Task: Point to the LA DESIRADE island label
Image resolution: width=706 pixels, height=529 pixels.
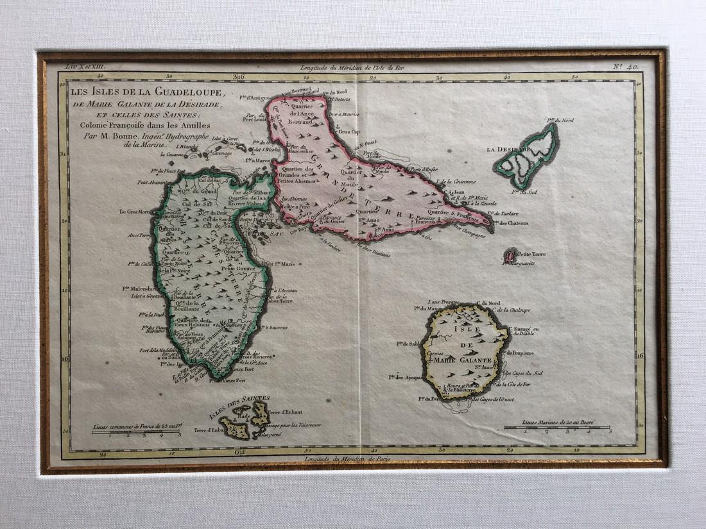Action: point(507,150)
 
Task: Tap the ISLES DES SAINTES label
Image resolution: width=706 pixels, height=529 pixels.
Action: point(243,399)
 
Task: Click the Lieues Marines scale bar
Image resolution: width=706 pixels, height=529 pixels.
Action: point(557,427)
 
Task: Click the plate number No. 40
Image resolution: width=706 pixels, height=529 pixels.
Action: point(633,66)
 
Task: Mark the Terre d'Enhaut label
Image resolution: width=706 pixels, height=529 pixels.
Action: point(287,411)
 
